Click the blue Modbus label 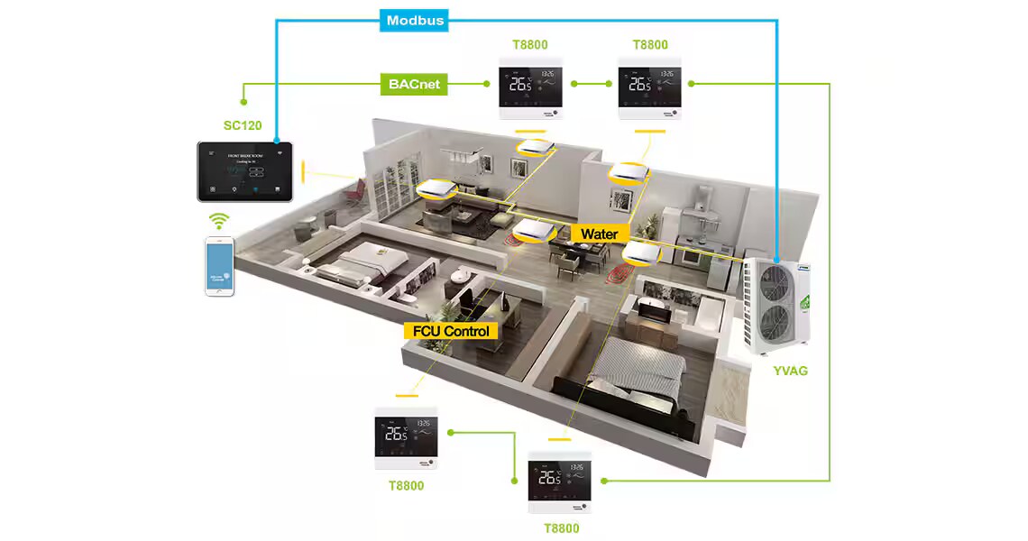tap(415, 20)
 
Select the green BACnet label tap(414, 84)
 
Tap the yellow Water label tap(600, 234)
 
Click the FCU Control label tap(451, 331)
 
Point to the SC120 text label tap(243, 125)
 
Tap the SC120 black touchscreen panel tap(245, 170)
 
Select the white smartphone tap(219, 266)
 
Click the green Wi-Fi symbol tap(219, 221)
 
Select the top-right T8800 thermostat tap(648, 88)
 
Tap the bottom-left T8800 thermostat tap(406, 437)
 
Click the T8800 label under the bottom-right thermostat tap(561, 528)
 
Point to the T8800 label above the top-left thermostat tap(529, 45)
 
